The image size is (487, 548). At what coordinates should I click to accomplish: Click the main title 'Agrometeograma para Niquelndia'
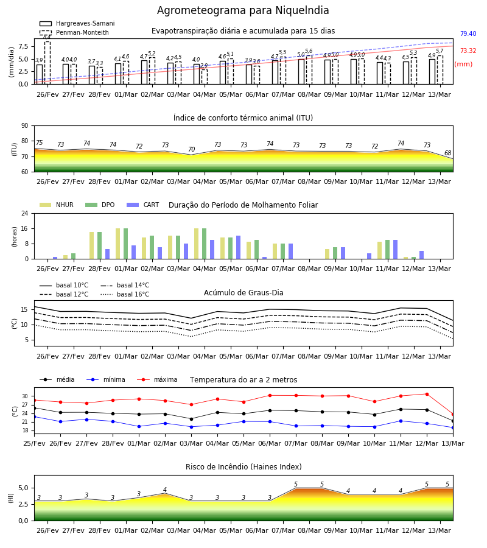[x=243, y=10]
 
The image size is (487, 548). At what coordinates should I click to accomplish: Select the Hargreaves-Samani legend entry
[x=77, y=23]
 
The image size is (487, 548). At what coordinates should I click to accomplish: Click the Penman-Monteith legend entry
[x=74, y=32]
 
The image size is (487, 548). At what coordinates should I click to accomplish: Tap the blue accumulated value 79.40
[x=468, y=33]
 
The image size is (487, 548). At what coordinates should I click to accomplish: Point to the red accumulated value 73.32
[x=468, y=51]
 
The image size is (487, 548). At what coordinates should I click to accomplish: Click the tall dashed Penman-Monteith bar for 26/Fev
[x=47, y=63]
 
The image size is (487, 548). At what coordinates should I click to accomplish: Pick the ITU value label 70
[x=191, y=149]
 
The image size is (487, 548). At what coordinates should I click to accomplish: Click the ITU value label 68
[x=447, y=153]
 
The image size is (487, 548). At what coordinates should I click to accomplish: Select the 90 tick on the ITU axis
[x=24, y=126]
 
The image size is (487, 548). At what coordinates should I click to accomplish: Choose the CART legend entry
[x=143, y=205]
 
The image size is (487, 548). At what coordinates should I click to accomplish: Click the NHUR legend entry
[x=57, y=205]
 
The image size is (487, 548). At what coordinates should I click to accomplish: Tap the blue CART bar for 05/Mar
[x=238, y=247]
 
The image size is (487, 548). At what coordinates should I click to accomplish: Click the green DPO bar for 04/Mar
[x=204, y=244]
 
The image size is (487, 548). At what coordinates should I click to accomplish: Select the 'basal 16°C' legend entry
[x=125, y=294]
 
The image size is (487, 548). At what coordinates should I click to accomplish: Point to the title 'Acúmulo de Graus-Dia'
[x=243, y=292]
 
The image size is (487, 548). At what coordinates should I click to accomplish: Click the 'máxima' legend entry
[x=157, y=379]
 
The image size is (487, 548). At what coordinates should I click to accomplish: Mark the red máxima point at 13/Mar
[x=453, y=415]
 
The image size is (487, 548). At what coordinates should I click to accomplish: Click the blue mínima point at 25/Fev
[x=35, y=417]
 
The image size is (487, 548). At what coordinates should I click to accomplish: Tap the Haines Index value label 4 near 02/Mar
[x=165, y=490]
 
